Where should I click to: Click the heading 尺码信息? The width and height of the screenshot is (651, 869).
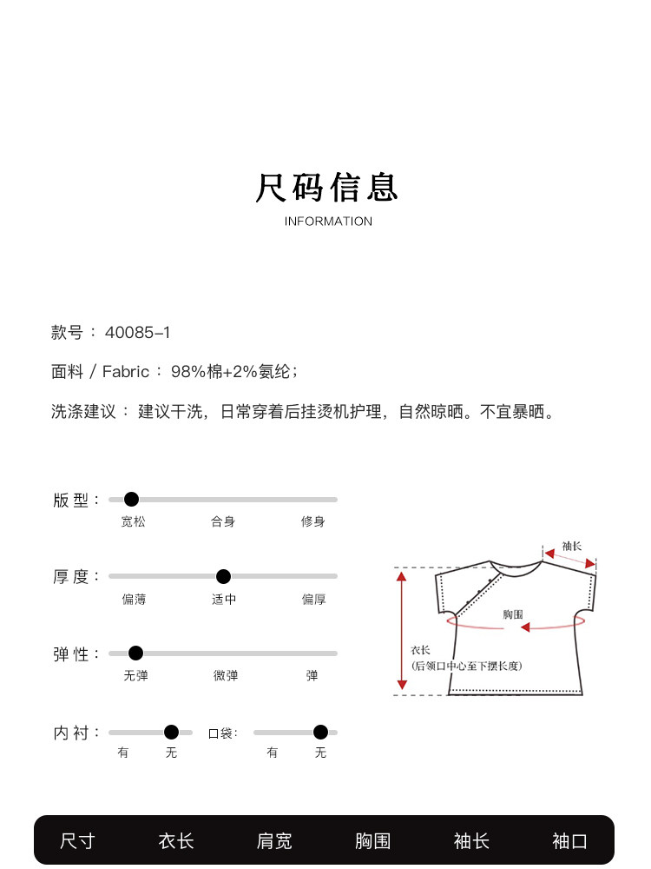[326, 188]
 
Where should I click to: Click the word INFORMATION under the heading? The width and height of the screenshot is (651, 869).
[328, 221]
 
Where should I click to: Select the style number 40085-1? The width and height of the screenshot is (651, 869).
[138, 333]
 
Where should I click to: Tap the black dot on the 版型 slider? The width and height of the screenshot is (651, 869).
[131, 500]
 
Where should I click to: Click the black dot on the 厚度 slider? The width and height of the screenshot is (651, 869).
[223, 576]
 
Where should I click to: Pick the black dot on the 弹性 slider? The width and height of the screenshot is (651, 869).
[135, 653]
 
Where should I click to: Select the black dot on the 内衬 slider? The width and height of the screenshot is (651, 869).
[172, 732]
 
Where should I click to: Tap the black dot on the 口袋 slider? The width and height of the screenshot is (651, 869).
[320, 732]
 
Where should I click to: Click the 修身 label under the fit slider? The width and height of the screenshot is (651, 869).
[312, 521]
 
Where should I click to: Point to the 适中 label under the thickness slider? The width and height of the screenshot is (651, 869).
[224, 599]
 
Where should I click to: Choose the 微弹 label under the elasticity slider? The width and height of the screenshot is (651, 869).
[226, 675]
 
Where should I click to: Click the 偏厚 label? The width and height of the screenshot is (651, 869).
[314, 599]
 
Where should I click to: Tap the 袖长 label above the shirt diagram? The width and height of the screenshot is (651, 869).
[572, 547]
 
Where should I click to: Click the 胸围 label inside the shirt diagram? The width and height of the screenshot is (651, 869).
[513, 614]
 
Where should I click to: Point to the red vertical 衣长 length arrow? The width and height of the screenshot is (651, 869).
[402, 631]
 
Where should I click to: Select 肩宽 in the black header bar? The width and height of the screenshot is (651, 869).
[274, 841]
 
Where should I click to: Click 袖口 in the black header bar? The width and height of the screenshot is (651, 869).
[569, 841]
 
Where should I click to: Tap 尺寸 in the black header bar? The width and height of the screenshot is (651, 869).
[77, 841]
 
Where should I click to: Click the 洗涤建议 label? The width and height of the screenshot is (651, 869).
[83, 412]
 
